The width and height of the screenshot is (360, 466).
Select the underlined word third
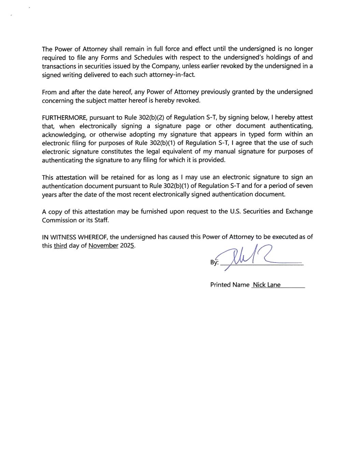[60, 245]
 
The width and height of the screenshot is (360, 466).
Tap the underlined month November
[103, 245]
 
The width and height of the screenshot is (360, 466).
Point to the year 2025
[127, 245]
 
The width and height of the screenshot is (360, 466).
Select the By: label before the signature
[214, 263]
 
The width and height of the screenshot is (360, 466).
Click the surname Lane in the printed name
[274, 285]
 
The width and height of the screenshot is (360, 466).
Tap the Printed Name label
[230, 285]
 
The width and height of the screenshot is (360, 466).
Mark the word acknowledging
[64, 135]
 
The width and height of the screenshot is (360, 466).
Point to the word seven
[304, 186]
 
